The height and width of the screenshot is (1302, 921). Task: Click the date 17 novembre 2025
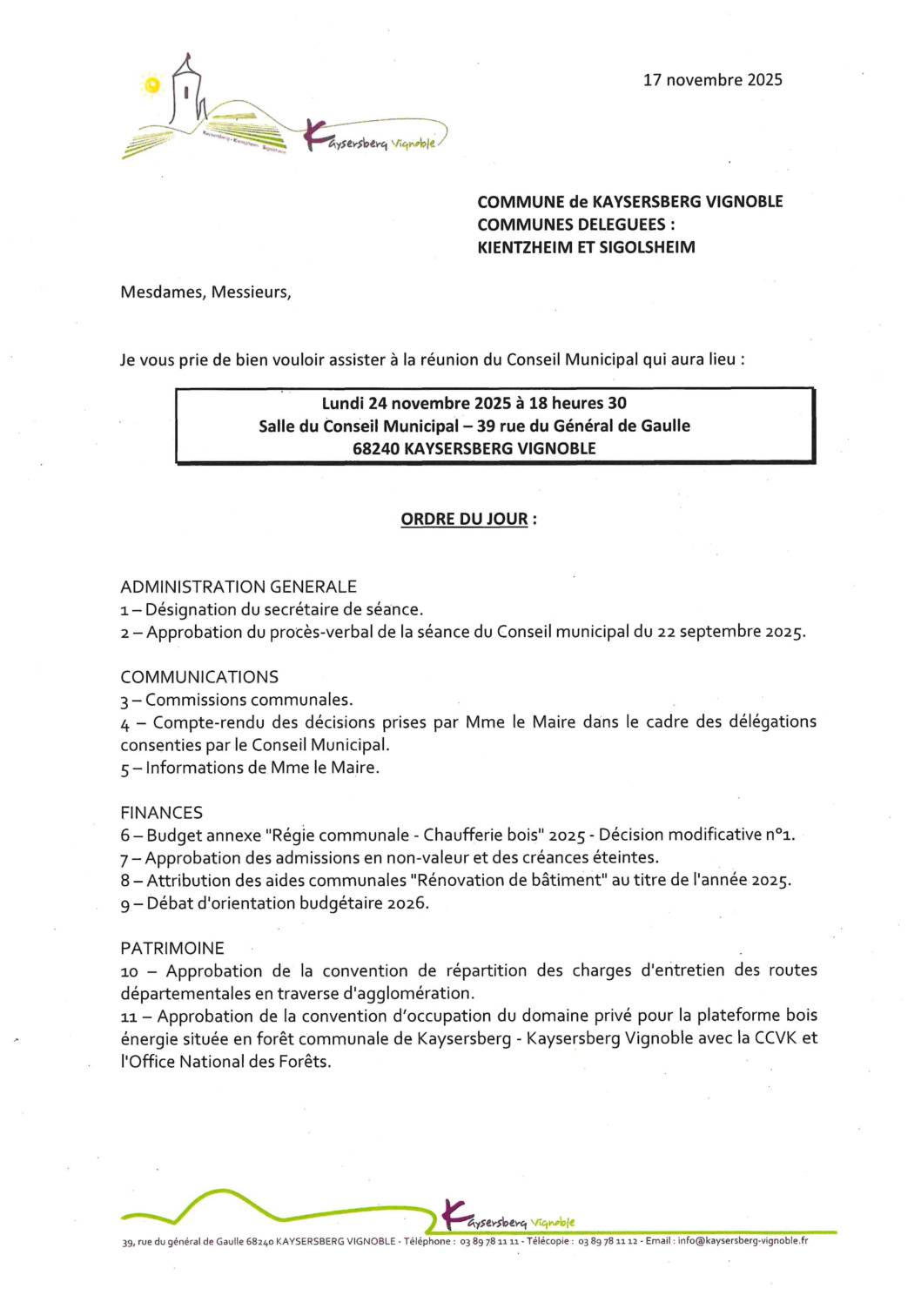point(712,80)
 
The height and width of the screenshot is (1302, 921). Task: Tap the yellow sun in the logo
point(153,85)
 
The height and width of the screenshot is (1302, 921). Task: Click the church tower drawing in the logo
point(185,91)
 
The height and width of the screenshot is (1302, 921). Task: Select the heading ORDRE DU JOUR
point(464,520)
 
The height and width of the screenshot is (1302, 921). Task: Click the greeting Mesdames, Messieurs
point(205,292)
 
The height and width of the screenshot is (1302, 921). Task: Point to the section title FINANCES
point(161,813)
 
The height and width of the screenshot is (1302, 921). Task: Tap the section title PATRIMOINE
point(172,949)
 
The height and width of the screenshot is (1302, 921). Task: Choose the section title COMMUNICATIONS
point(199,677)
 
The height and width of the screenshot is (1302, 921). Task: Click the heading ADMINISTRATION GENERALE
point(239,587)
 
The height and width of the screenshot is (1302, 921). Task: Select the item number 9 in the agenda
point(125,904)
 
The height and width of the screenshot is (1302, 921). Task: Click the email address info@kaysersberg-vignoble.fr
point(743,1241)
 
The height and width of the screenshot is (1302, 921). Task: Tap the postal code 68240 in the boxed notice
point(375,449)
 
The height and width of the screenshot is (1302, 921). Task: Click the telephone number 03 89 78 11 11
point(489,1242)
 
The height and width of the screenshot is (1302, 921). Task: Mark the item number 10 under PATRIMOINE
point(130,972)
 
